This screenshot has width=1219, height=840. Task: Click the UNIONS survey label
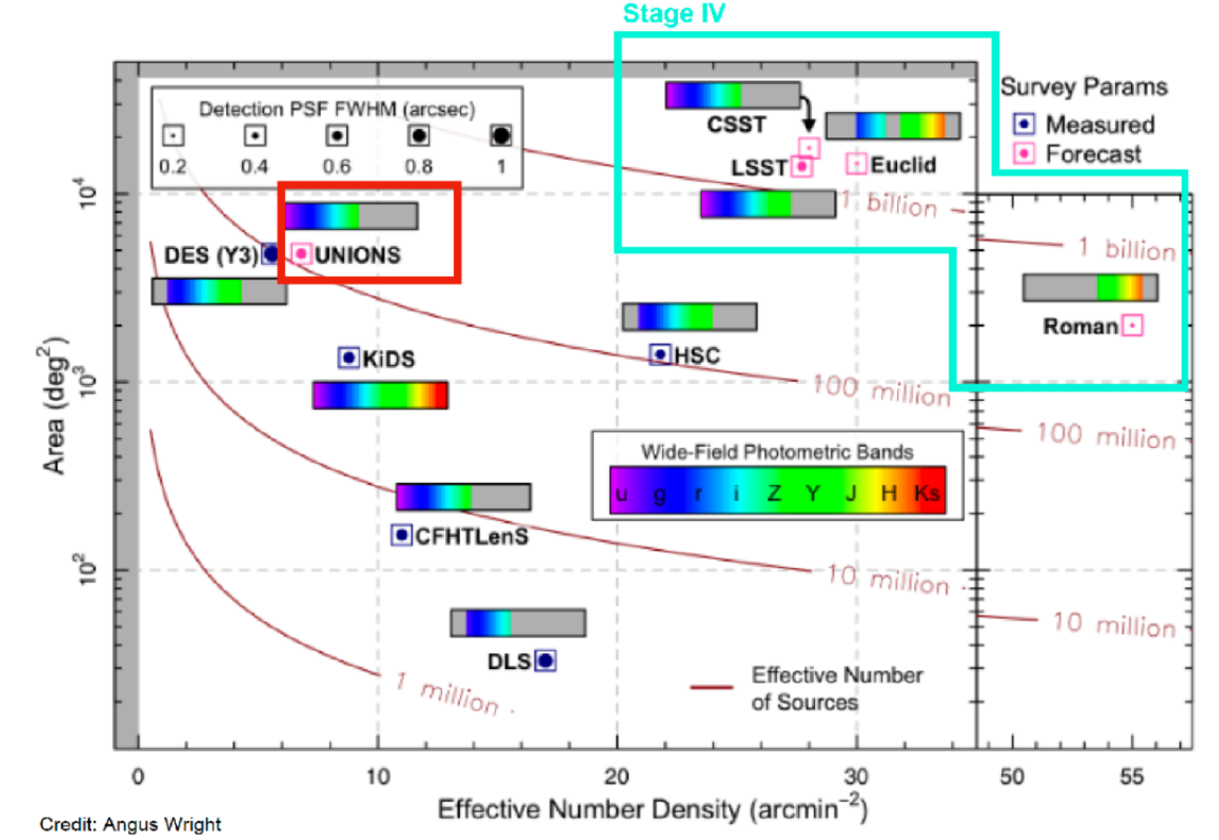[357, 255]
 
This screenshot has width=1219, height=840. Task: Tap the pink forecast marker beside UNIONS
[301, 254]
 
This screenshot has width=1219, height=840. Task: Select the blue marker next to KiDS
[348, 357]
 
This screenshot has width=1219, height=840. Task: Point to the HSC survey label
[697, 355]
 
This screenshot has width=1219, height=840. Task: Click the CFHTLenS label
[471, 536]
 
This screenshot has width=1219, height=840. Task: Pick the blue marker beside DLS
[546, 660]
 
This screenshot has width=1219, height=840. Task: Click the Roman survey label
[1080, 326]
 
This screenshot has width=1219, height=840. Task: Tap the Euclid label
[903, 164]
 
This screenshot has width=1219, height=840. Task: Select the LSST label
[759, 168]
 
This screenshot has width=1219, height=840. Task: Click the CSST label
[736, 125]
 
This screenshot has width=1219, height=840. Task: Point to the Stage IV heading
[673, 14]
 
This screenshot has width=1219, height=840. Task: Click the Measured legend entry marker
[1024, 124]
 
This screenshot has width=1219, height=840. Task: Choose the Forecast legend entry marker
[1024, 153]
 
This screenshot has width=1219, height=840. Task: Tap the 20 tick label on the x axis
[617, 775]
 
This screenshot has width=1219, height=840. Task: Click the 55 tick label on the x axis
[1131, 775]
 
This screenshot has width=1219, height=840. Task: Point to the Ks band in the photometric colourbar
[927, 493]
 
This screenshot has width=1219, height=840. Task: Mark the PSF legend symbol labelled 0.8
[419, 136]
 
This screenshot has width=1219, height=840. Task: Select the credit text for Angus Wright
[130, 824]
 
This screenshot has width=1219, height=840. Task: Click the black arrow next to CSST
[807, 113]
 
